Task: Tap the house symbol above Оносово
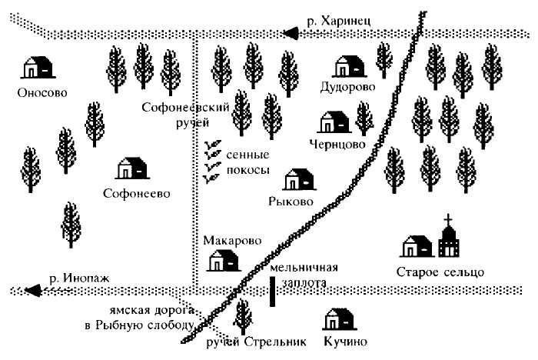[x=37, y=68]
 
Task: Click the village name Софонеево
[x=136, y=193]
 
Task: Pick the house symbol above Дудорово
[x=350, y=65]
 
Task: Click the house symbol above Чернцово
[x=335, y=121]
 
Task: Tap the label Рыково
[x=291, y=202]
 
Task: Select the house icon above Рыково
[x=299, y=180]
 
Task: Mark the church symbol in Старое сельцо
[x=447, y=238]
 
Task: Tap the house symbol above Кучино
[x=339, y=318]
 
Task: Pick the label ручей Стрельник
[x=257, y=341]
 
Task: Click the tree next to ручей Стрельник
[x=244, y=315]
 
